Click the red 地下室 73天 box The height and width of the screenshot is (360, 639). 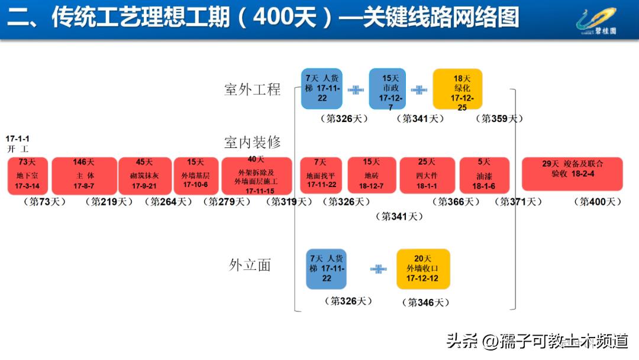(x=28, y=176)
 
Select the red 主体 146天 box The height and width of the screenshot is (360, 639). (x=84, y=176)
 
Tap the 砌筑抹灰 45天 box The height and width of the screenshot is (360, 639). (x=144, y=176)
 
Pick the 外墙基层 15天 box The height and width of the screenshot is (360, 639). (x=196, y=176)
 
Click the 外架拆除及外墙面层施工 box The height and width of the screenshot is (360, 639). (x=256, y=176)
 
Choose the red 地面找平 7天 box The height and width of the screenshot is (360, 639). (x=321, y=176)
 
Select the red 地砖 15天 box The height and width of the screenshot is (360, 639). (x=372, y=176)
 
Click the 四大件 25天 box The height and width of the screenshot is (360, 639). (x=427, y=176)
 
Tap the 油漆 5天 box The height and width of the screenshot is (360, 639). (x=484, y=176)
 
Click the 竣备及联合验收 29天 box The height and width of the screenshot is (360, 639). (x=572, y=173)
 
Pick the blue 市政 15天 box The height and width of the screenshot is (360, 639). (x=388, y=89)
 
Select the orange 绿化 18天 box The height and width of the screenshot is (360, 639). (x=457, y=89)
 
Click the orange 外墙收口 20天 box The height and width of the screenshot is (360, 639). (x=423, y=269)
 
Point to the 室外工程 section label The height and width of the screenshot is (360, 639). (x=253, y=90)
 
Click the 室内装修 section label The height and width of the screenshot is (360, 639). (x=253, y=143)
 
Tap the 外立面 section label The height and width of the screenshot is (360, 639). (x=250, y=265)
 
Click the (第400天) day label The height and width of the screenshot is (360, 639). (x=598, y=202)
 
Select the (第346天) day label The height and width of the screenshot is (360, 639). (x=425, y=303)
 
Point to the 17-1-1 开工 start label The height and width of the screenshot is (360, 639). (x=18, y=144)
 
